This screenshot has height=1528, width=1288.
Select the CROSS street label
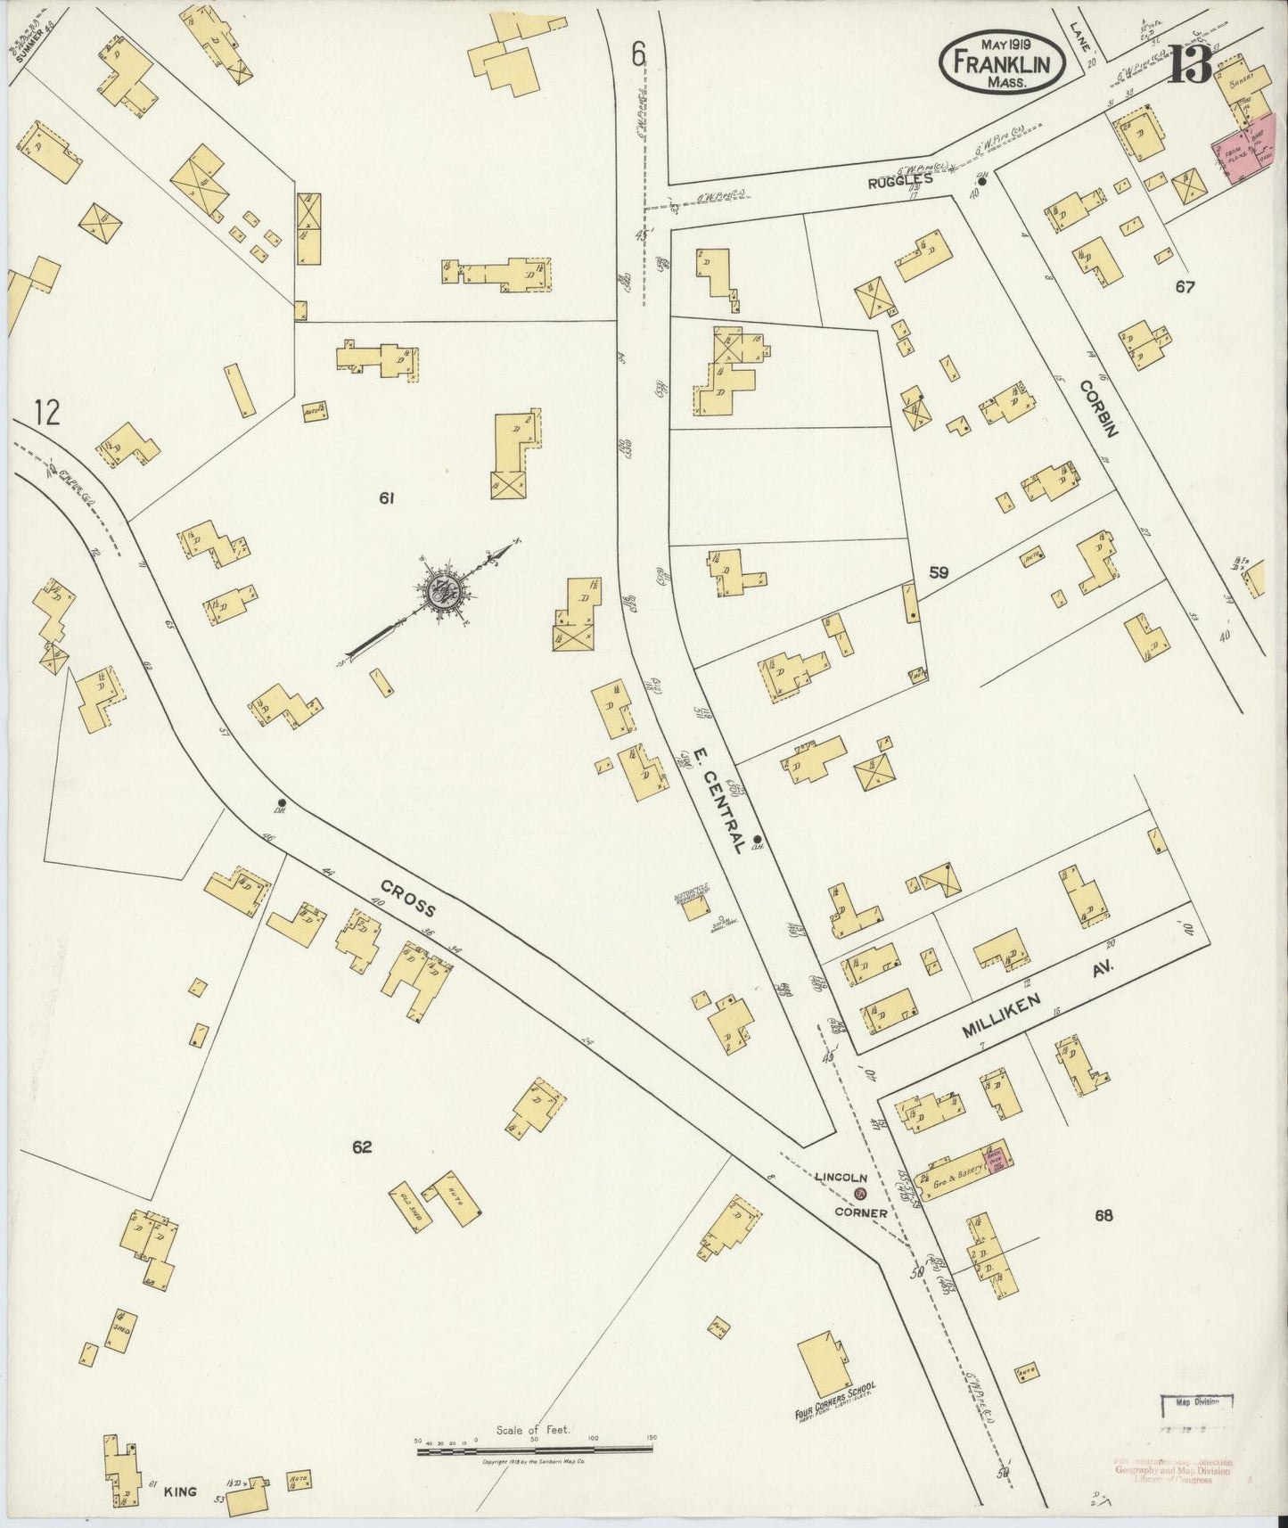point(408,899)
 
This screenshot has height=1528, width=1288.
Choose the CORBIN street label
point(1099,408)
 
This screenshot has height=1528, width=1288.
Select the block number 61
point(385,498)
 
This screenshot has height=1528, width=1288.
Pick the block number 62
point(361,1147)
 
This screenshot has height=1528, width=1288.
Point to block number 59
point(938,573)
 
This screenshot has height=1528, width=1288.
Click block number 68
point(1104,1214)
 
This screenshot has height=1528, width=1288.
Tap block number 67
point(1185,286)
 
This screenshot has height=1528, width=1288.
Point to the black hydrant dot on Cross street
point(282,802)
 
